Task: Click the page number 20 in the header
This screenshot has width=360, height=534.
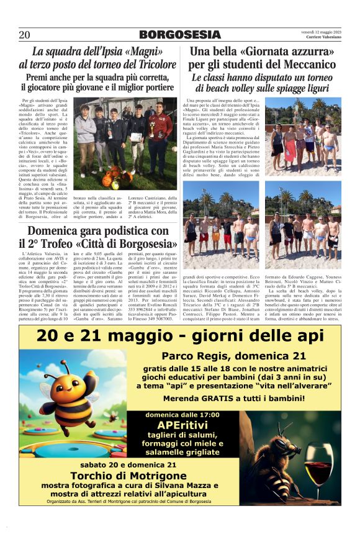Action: click(24, 35)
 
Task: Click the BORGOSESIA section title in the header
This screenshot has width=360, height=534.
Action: click(179, 35)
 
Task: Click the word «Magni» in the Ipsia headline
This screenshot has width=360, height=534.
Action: click(142, 52)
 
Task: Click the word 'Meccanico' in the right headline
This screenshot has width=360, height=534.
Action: click(305, 65)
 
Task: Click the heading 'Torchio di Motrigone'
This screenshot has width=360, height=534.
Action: click(128, 476)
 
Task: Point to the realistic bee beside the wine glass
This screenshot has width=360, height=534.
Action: click(286, 463)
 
